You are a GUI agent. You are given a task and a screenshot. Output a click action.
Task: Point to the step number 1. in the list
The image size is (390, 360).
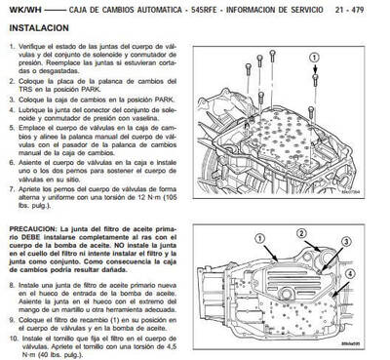pos(15,48)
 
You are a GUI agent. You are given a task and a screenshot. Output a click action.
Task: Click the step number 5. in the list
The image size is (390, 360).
pos(15,126)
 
